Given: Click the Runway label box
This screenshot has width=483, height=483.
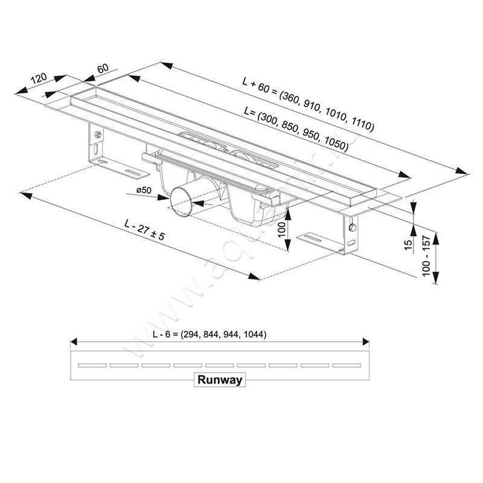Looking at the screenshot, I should [x=219, y=380].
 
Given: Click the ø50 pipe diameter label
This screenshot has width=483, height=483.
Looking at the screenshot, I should [x=144, y=191].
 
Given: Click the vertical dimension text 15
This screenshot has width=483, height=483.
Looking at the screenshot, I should [x=408, y=245].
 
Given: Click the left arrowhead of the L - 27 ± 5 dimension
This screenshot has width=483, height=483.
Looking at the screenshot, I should [x=24, y=194].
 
